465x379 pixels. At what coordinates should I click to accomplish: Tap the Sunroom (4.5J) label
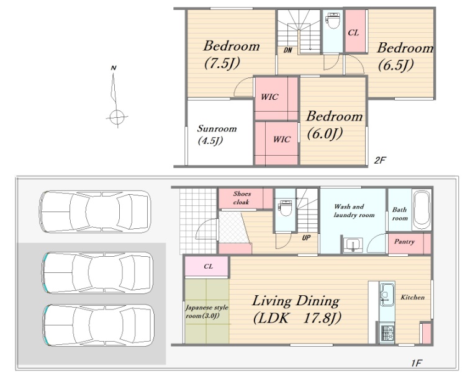(x=217, y=135)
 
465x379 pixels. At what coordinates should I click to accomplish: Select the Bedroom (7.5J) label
(x=232, y=55)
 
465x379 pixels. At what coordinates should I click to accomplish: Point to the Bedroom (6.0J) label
(x=334, y=125)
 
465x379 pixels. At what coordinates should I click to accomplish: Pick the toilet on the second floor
(x=333, y=20)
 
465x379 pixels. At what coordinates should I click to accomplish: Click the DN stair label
(x=287, y=50)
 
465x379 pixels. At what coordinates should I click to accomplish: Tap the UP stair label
(x=306, y=238)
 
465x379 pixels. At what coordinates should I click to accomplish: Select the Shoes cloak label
(x=242, y=198)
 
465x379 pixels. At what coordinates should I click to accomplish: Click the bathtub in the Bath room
(x=422, y=210)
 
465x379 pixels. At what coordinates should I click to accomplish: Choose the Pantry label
(x=404, y=242)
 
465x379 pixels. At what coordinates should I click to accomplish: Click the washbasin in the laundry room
(x=353, y=245)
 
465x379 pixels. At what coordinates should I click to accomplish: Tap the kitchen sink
(x=387, y=295)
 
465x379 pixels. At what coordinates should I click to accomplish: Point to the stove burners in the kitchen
(x=387, y=333)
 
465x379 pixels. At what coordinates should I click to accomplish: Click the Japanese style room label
(x=207, y=311)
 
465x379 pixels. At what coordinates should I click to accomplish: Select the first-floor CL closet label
(x=208, y=266)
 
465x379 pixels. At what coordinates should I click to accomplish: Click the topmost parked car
(x=96, y=212)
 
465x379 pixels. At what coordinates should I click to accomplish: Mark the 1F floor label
(x=416, y=362)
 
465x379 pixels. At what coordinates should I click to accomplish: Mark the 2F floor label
(x=379, y=160)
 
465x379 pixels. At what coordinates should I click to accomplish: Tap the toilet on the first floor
(x=286, y=208)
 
